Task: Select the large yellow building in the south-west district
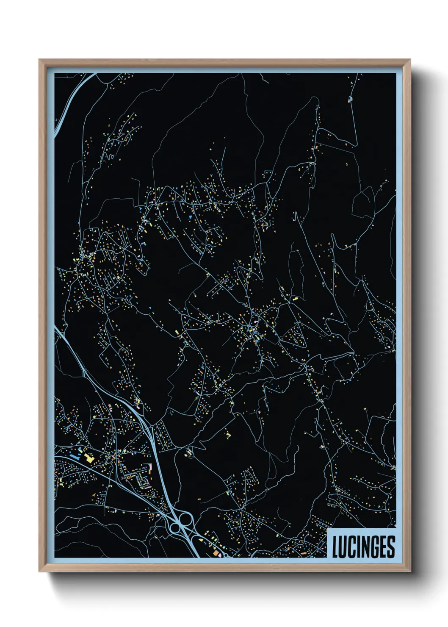tap(89, 458)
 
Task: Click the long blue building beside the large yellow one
tap(77, 457)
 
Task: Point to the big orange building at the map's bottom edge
tap(215, 553)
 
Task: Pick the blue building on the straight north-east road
tap(350, 99)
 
